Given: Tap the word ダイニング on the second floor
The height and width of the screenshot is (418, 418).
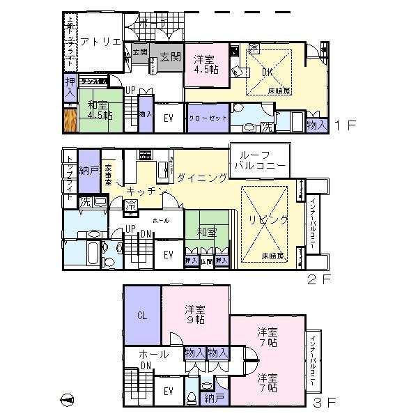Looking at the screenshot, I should coord(201,178).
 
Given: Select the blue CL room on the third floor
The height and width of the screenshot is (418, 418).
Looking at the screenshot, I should coord(143,316).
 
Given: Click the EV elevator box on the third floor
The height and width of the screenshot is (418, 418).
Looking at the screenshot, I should coord(168,392).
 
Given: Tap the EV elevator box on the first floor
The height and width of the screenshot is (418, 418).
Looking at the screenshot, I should coord(168,118).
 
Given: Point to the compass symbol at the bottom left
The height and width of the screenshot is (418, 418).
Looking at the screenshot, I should coord(68,398).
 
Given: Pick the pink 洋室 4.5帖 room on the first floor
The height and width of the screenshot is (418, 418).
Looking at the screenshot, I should coord(206,66).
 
